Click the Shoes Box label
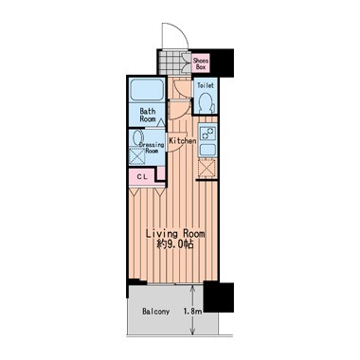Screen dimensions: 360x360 [201, 63]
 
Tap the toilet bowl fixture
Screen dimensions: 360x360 [207, 102]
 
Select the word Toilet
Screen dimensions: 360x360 [206, 85]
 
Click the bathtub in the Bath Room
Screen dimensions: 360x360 [147, 90]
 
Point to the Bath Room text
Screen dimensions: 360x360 [148, 115]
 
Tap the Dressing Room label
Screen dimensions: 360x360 [152, 148]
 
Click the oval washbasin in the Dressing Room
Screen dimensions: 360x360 [137, 137]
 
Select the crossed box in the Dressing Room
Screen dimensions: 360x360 [137, 155]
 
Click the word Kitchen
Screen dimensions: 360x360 [183, 141]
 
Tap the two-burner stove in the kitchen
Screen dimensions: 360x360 [207, 134]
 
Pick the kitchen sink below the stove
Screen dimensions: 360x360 [207, 150]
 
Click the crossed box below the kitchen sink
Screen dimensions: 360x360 [207, 168]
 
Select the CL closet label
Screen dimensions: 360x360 [142, 177]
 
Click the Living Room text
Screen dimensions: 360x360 [175, 234]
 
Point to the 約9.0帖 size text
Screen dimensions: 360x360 [175, 244]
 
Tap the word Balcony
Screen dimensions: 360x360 [156, 312]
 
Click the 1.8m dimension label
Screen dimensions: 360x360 [192, 312]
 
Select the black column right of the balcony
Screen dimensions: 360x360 [219, 297]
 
